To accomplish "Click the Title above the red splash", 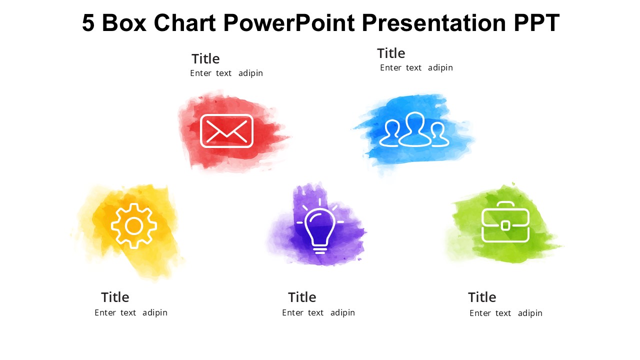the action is [205, 59].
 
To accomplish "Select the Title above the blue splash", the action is [391, 53].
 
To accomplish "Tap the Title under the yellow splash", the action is [115, 297].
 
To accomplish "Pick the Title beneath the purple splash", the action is [302, 297].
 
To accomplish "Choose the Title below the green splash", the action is [482, 297].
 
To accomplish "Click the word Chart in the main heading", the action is [184, 23].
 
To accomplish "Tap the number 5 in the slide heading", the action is [88, 23].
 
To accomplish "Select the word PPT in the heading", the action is [536, 23].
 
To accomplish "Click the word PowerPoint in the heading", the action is [289, 23].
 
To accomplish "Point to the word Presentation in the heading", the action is [434, 23].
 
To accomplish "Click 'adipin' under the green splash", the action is [530, 313].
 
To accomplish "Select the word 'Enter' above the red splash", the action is [200, 73].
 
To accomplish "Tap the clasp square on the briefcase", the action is [505, 225].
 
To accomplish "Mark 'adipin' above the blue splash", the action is [440, 68].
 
